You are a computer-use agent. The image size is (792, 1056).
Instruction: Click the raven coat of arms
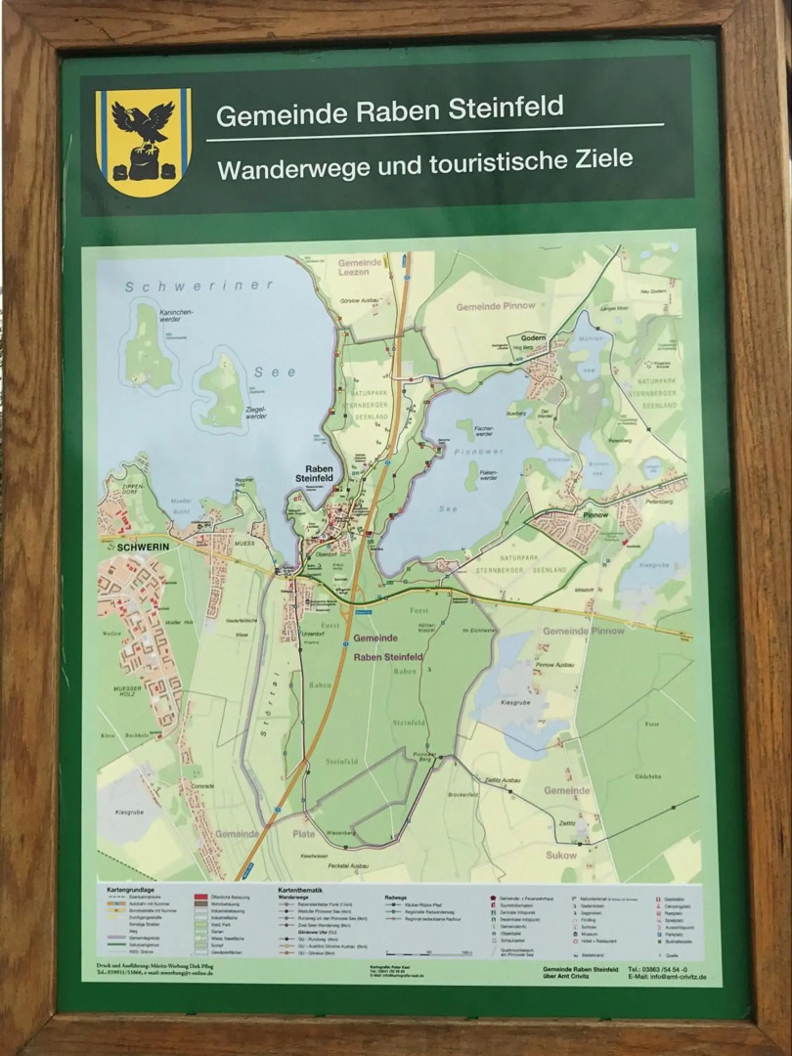point(144,141)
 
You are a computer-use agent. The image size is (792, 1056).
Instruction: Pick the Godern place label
point(533,335)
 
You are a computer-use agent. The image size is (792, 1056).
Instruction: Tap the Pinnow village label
point(594,514)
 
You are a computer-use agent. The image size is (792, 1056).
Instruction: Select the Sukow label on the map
point(561,855)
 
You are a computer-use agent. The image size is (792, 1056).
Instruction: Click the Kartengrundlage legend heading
point(132,890)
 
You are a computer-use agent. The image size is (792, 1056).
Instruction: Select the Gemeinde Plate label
point(262,834)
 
